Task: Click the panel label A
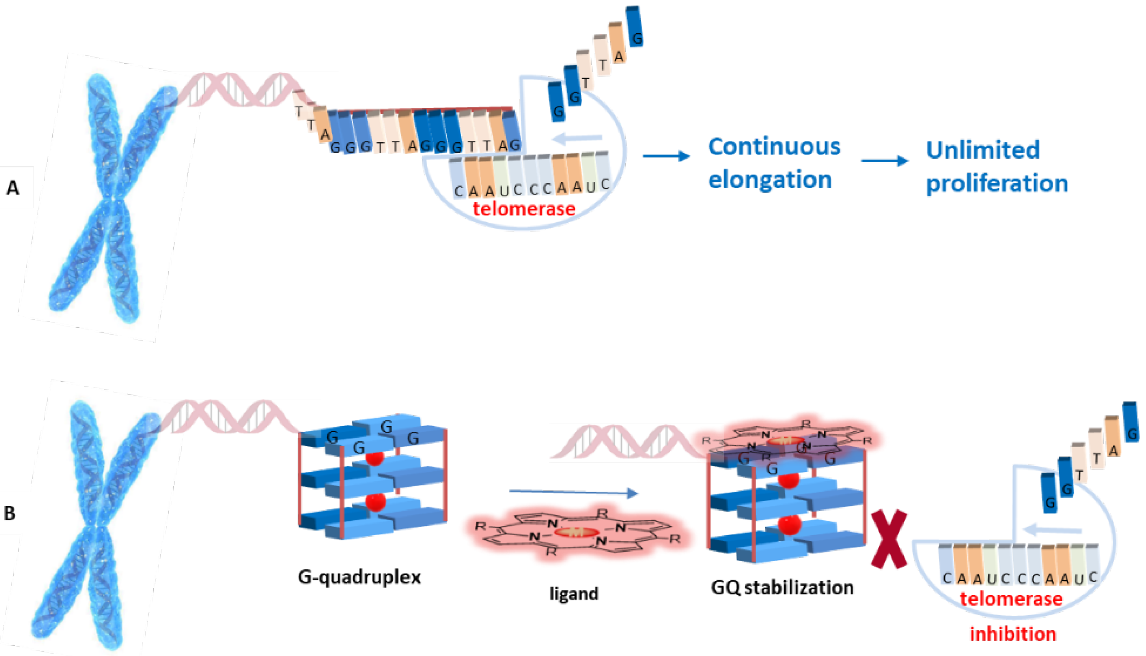tap(13, 188)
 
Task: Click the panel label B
tap(10, 513)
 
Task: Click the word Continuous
tap(774, 147)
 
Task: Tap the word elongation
tap(769, 180)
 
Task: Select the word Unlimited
tap(983, 150)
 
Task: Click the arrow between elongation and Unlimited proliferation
tap(884, 160)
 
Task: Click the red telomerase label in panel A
tap(524, 209)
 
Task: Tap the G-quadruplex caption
tap(359, 577)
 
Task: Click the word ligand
tap(574, 594)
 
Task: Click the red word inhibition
tap(1013, 634)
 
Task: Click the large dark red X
tap(889, 539)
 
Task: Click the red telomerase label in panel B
tap(1011, 599)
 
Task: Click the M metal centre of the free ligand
tap(576, 532)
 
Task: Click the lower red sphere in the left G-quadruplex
tap(375, 502)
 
